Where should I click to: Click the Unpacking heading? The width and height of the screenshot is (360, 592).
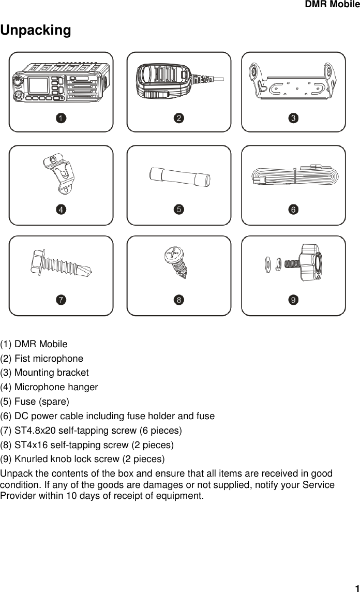pyautogui.click(x=36, y=31)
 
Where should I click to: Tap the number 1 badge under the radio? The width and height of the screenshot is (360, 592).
pyautogui.click(x=61, y=119)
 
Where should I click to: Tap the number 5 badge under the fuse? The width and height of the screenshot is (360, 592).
pyautogui.click(x=178, y=209)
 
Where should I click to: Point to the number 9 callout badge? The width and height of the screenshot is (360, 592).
pyautogui.click(x=293, y=300)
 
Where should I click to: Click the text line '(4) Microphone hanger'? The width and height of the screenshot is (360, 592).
pyautogui.click(x=49, y=387)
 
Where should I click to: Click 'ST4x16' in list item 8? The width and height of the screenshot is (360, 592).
pyautogui.click(x=29, y=445)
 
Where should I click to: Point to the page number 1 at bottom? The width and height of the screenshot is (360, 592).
pyautogui.click(x=356, y=587)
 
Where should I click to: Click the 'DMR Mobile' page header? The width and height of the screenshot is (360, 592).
pyautogui.click(x=332, y=5)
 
